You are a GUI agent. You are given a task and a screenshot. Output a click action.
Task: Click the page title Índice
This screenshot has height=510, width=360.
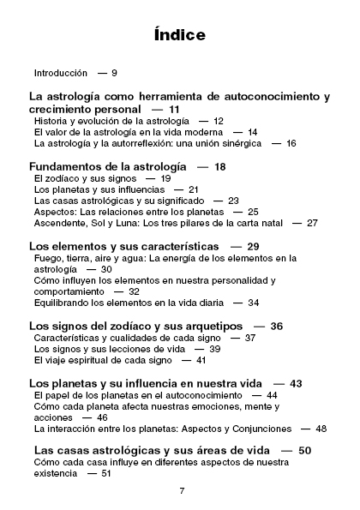[180, 35]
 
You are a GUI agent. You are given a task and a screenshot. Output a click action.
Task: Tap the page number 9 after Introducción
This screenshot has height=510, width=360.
[114, 73]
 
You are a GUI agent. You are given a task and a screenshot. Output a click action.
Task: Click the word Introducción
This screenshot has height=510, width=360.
[61, 73]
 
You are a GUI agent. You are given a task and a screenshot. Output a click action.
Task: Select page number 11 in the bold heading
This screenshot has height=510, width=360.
[174, 110]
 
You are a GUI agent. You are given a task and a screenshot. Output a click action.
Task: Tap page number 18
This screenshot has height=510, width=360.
[219, 165]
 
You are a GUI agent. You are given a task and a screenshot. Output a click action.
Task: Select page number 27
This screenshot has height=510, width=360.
[311, 222]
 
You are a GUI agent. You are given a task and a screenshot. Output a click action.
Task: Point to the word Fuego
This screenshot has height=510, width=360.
[47, 257]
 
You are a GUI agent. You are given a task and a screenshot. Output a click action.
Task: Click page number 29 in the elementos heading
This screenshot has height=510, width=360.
[253, 246]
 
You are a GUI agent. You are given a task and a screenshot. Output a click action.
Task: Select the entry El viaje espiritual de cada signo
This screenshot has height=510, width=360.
[102, 360]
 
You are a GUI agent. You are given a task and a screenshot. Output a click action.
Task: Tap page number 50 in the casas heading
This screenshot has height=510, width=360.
[304, 450]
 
